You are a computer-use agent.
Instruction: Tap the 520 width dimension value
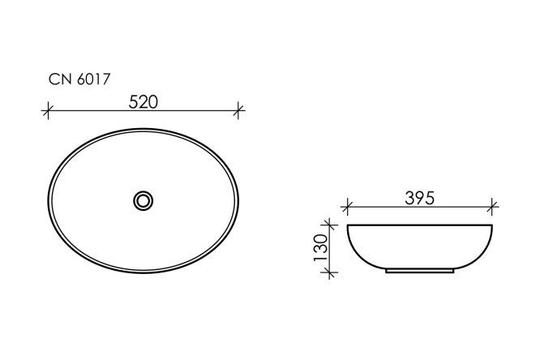(x=144, y=101)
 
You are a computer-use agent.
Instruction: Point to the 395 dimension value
(x=420, y=197)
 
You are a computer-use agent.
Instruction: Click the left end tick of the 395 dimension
(x=348, y=206)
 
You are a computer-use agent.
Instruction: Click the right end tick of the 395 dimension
(x=493, y=206)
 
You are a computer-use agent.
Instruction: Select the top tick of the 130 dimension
(x=328, y=224)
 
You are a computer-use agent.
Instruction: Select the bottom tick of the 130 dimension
(x=328, y=272)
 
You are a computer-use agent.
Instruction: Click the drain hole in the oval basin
(x=144, y=199)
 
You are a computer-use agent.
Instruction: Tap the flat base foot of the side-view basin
(x=420, y=271)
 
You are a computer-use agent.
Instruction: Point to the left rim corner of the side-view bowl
(x=349, y=225)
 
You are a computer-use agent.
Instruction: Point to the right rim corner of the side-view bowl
(x=492, y=225)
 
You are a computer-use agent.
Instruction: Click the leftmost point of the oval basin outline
(x=48, y=199)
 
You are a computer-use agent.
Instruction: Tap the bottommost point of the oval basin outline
(x=144, y=272)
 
